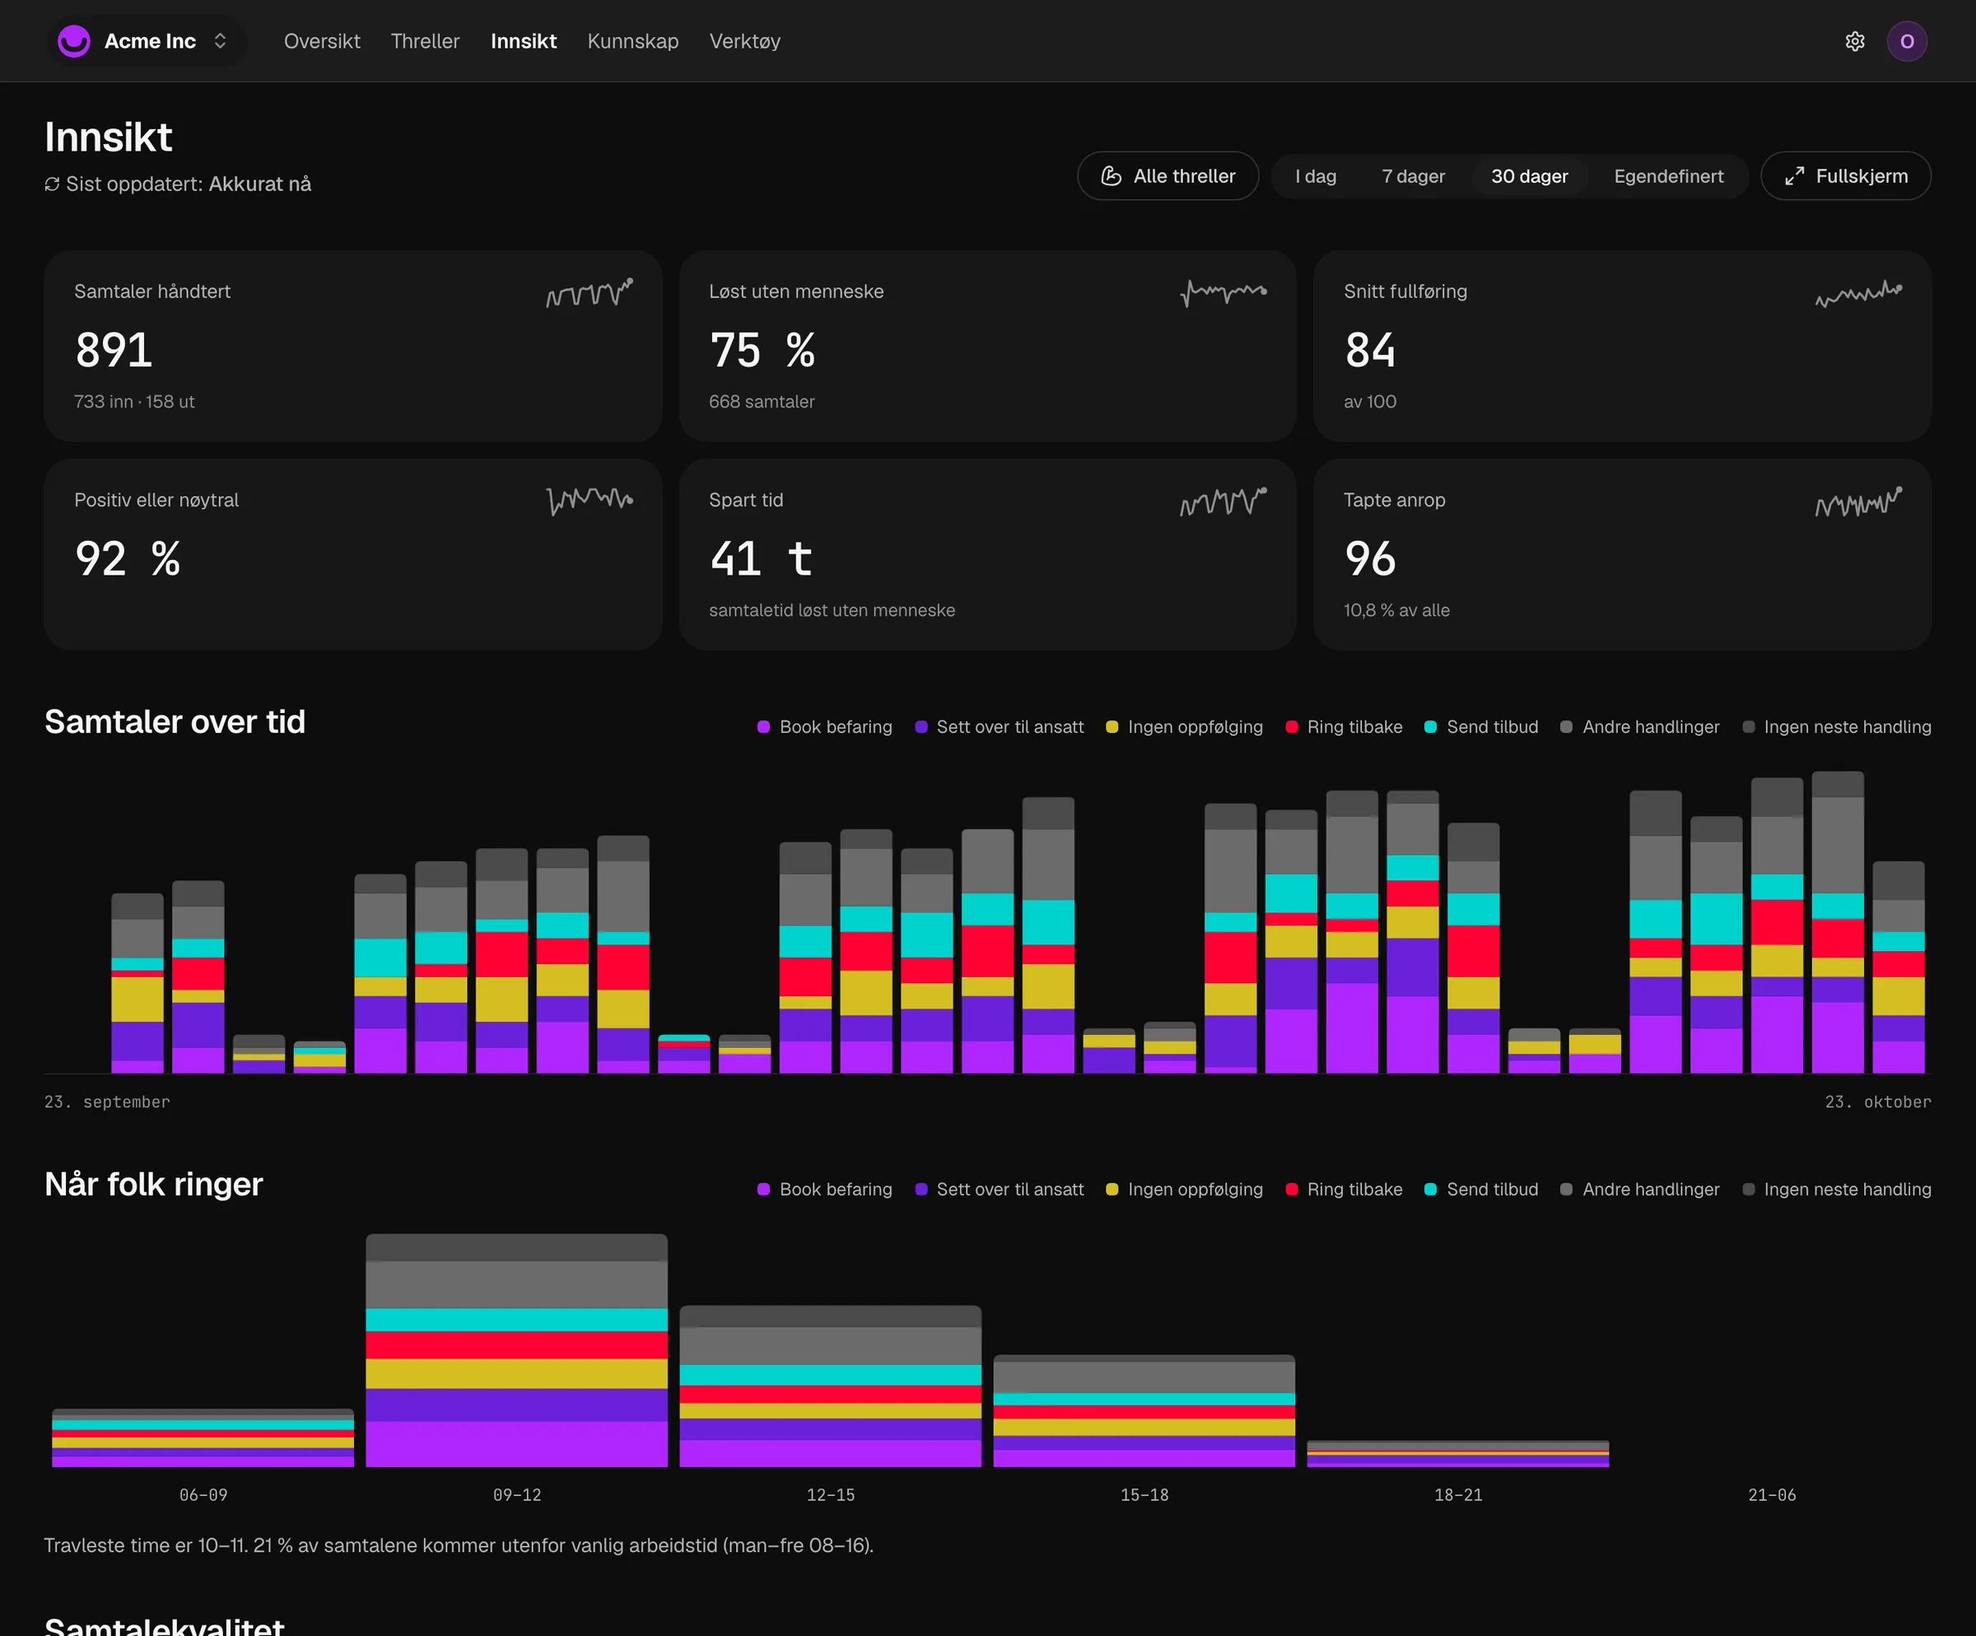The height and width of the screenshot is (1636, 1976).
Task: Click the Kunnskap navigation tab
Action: coord(632,41)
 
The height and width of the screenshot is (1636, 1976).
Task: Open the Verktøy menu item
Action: coord(744,41)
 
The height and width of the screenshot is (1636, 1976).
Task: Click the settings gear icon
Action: coord(1855,41)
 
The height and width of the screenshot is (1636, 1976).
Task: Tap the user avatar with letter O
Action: coord(1906,41)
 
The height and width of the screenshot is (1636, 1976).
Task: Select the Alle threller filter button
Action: coord(1167,176)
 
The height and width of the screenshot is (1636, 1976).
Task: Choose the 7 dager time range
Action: coord(1412,176)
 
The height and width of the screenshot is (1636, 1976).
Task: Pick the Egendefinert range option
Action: coord(1668,176)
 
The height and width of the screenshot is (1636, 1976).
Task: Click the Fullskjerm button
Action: coord(1845,176)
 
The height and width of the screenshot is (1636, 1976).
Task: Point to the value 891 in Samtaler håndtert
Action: coord(114,350)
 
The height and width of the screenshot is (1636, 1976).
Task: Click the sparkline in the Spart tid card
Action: coord(1223,501)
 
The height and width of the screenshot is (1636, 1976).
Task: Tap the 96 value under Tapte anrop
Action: coord(1370,559)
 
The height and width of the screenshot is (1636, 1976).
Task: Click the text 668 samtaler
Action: coord(762,402)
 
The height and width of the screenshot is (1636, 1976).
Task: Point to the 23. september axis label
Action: coord(107,1102)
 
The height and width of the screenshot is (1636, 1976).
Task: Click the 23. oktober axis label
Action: coord(1878,1102)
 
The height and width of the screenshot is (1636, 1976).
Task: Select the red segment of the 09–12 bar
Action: coord(516,1345)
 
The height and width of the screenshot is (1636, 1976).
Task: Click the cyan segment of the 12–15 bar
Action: coord(830,1374)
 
